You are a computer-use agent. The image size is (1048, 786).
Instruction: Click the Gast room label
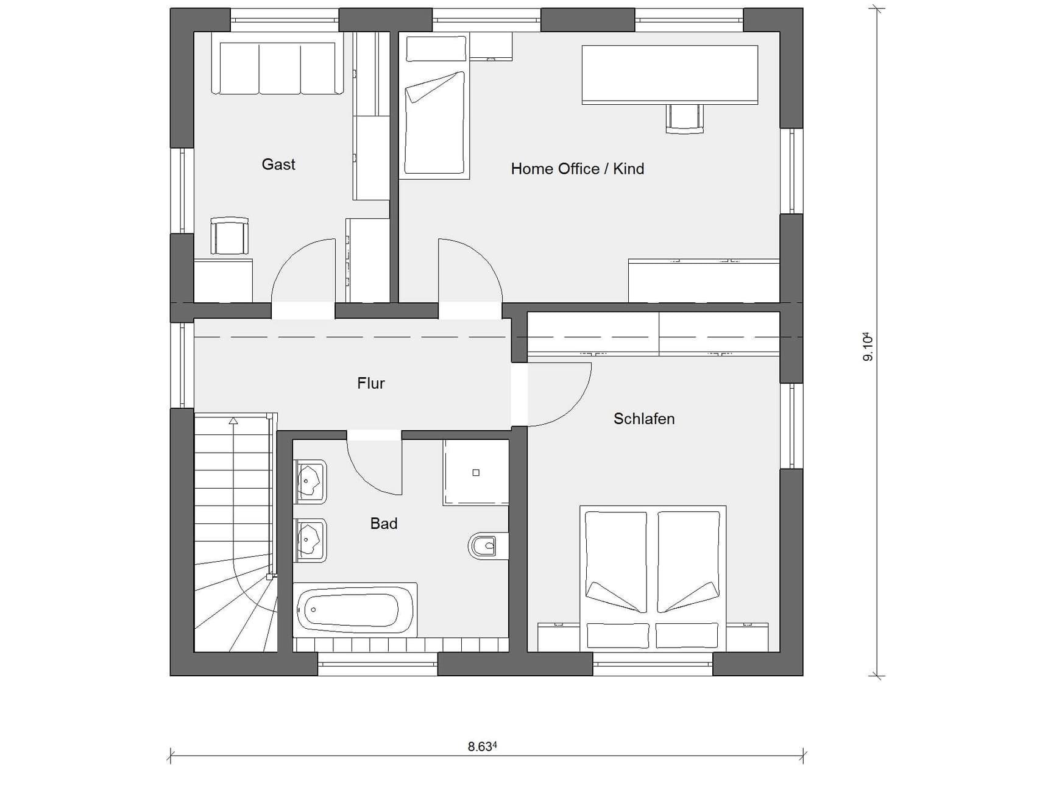coord(278,165)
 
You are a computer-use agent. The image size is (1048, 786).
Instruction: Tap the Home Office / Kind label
coord(577,169)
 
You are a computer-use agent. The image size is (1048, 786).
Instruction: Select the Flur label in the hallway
coord(370,383)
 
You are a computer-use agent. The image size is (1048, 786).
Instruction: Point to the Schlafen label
coord(643,419)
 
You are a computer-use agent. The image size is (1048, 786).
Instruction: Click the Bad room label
coord(384,523)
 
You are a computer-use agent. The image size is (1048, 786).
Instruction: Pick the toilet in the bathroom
coord(486,546)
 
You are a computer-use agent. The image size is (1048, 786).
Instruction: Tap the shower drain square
coord(476,473)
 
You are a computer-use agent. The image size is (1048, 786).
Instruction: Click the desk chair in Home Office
coord(684,118)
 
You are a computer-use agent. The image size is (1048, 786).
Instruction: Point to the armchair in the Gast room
coord(229,236)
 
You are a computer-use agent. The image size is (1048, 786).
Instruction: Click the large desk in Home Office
coord(670,74)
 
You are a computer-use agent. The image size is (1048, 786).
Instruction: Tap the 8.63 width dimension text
coord(482,746)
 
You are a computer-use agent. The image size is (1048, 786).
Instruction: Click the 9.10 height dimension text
coord(868,347)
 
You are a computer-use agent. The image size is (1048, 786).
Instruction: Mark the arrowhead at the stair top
coord(233,420)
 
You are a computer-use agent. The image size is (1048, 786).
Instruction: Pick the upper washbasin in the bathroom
coord(310,481)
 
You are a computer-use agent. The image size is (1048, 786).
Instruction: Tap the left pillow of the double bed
coord(618,636)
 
